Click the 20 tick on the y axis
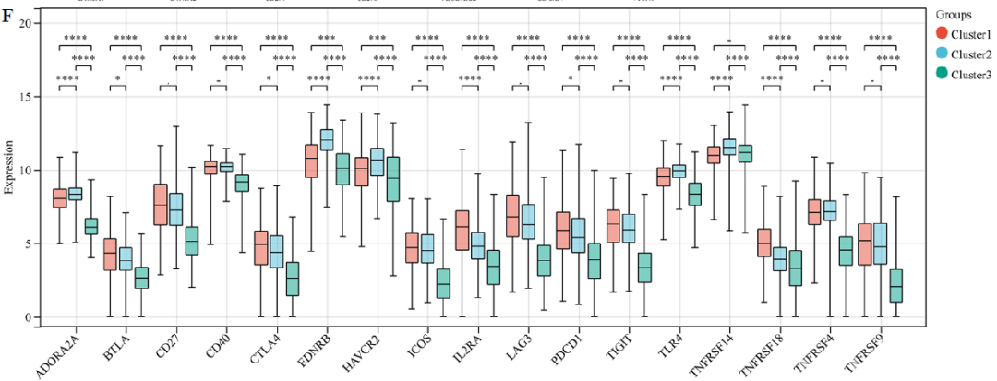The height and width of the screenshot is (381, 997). pyautogui.click(x=26, y=23)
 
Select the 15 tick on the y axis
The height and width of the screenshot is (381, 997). pyautogui.click(x=26, y=97)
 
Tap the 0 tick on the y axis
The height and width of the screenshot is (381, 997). pyautogui.click(x=30, y=318)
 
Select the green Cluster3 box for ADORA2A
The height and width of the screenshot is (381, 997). pyautogui.click(x=91, y=226)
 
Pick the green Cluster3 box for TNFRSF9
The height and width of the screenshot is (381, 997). pyautogui.click(x=895, y=286)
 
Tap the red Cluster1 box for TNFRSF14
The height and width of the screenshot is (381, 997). pyautogui.click(x=714, y=155)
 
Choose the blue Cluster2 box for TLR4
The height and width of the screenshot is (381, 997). pyautogui.click(x=679, y=171)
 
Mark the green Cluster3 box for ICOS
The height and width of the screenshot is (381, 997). pyautogui.click(x=443, y=283)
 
